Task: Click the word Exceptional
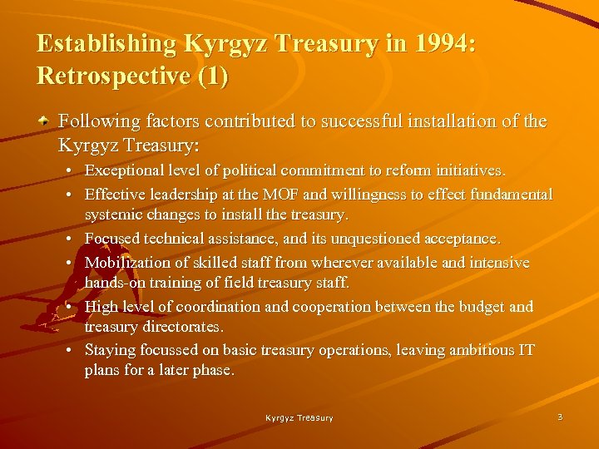tap(122, 171)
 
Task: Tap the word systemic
tap(112, 215)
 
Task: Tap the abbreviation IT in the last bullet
tap(526, 350)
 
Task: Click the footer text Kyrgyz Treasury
tap(299, 418)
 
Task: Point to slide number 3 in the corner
tap(560, 417)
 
